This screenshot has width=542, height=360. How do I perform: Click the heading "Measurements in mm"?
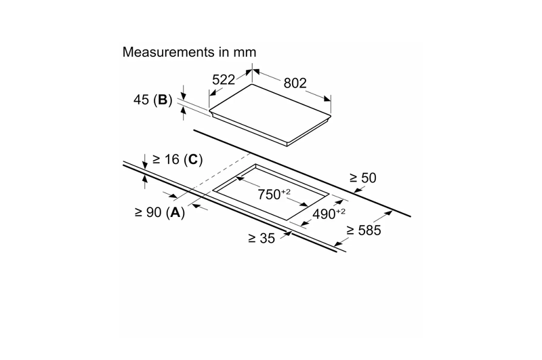[x=190, y=52]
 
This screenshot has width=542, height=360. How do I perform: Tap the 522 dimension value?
[x=223, y=79]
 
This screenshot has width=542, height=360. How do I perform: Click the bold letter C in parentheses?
[x=192, y=159]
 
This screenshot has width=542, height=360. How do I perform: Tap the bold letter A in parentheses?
[x=175, y=213]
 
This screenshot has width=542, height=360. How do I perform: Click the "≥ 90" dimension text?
[x=148, y=213]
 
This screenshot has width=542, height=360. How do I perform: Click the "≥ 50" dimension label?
[x=362, y=178]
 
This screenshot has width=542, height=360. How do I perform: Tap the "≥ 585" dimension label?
[x=364, y=231]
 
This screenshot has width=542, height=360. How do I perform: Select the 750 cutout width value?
[x=271, y=195]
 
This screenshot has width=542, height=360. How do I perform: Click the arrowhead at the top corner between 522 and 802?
[x=253, y=69]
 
